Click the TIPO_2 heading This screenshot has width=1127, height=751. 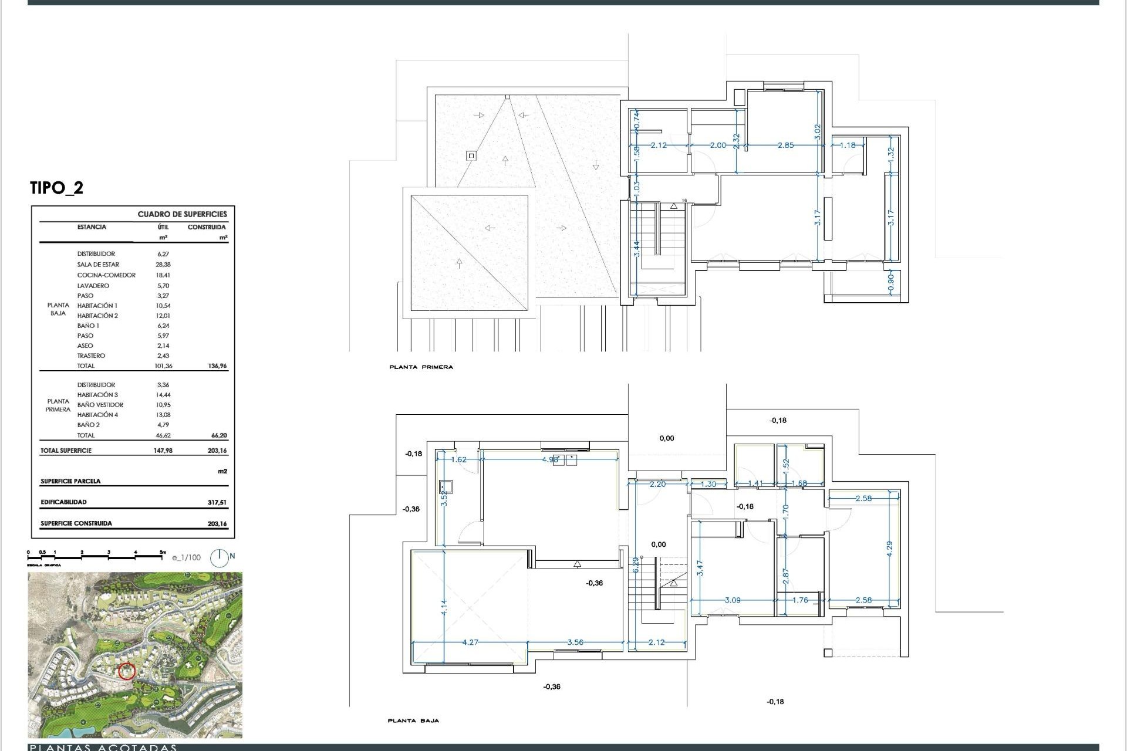pyautogui.click(x=57, y=188)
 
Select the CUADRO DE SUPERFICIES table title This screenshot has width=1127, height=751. pyautogui.click(x=182, y=214)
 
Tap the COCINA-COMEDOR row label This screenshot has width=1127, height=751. pyautogui.click(x=106, y=275)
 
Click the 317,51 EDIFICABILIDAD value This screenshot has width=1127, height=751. pyautogui.click(x=217, y=502)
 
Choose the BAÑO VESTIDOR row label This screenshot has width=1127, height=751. pyautogui.click(x=100, y=405)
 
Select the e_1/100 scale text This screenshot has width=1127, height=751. pyautogui.click(x=186, y=557)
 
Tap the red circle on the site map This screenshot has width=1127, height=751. pyautogui.click(x=127, y=671)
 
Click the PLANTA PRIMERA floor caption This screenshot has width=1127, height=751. pyautogui.click(x=421, y=367)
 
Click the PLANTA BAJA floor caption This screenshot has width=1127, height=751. pyautogui.click(x=413, y=720)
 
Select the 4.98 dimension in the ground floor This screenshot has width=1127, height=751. pyautogui.click(x=550, y=459)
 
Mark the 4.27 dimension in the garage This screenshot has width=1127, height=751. pyautogui.click(x=470, y=642)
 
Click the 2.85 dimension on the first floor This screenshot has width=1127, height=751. pyautogui.click(x=785, y=145)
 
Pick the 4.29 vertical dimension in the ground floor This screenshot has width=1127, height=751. pyautogui.click(x=889, y=549)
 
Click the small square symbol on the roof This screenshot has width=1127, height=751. pyautogui.click(x=471, y=155)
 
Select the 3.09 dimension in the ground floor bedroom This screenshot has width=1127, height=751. pyautogui.click(x=733, y=600)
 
